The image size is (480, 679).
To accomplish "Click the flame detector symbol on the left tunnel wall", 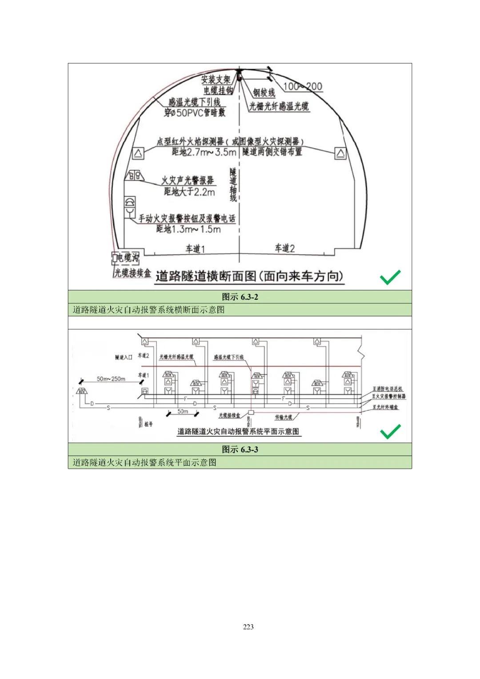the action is pyautogui.click(x=138, y=153).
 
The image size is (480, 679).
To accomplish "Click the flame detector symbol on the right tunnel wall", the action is pyautogui.click(x=340, y=153).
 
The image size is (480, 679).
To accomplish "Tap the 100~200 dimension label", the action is pyautogui.click(x=303, y=87).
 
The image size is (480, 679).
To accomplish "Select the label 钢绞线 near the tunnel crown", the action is pyautogui.click(x=264, y=92).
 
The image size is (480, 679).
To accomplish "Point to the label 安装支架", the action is pyautogui.click(x=216, y=80).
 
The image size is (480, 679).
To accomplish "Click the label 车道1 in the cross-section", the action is pyautogui.click(x=195, y=249).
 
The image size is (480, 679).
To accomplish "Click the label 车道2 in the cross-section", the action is pyautogui.click(x=284, y=248).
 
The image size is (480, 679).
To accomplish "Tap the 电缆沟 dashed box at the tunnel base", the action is pyautogui.click(x=125, y=258).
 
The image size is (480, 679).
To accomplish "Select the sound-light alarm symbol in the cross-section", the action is pyautogui.click(x=134, y=175).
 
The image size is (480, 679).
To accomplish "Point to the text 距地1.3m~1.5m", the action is pyautogui.click(x=188, y=229).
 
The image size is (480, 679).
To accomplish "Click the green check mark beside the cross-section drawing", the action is pyautogui.click(x=390, y=277).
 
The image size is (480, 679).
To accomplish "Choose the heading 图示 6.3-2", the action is pyautogui.click(x=240, y=297).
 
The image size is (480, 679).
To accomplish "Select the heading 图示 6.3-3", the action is pyautogui.click(x=240, y=450).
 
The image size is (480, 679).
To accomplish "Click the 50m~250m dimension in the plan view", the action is pyautogui.click(x=111, y=379).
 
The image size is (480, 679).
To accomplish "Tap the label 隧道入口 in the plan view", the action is pyautogui.click(x=124, y=357).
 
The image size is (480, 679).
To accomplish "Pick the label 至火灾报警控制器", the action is pyautogui.click(x=388, y=396).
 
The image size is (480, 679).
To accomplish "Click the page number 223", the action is pyautogui.click(x=248, y=627).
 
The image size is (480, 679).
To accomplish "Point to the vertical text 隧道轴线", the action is pyautogui.click(x=233, y=185).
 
